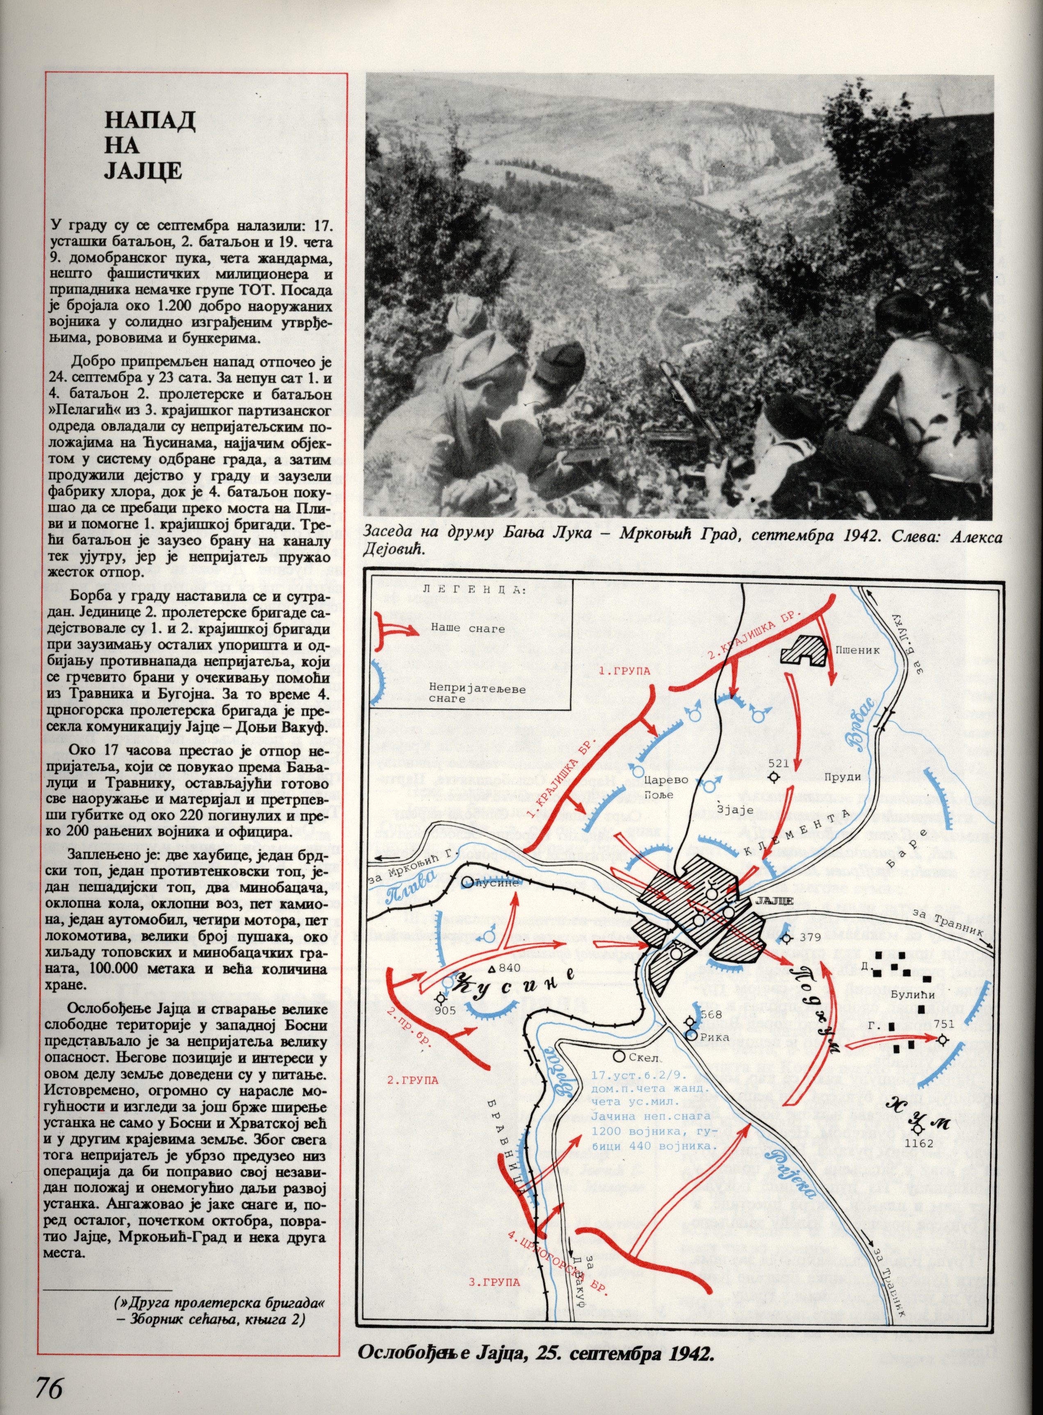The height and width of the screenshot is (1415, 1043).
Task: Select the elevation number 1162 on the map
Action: (919, 1144)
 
